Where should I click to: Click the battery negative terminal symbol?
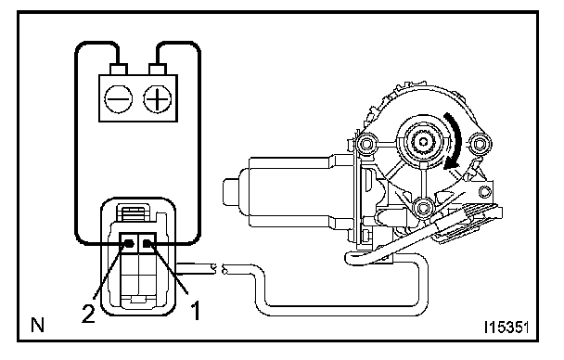click(118, 99)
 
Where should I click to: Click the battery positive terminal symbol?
click(157, 99)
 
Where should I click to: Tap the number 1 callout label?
click(195, 311)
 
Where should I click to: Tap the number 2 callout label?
click(88, 313)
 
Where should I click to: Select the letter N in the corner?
click(37, 325)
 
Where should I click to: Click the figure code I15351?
click(506, 328)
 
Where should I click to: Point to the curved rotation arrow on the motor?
click(454, 140)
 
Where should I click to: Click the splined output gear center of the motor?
click(423, 142)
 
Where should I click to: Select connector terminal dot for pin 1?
click(147, 244)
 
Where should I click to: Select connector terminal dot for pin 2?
click(130, 244)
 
